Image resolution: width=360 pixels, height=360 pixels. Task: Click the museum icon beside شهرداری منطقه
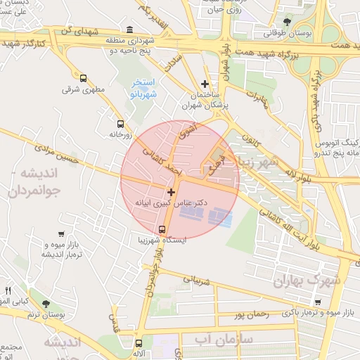pyautogui.click(x=129, y=30)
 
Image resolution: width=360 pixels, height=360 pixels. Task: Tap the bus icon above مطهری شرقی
pyautogui.click(x=84, y=79)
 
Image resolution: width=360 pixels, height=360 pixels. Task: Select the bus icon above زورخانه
pyautogui.click(x=120, y=122)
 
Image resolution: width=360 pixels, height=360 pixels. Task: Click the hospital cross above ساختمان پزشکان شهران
pyautogui.click(x=205, y=84)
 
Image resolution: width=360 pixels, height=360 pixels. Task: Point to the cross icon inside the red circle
pyautogui.click(x=171, y=191)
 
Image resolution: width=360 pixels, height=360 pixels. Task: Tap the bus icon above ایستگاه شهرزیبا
pyautogui.click(x=162, y=230)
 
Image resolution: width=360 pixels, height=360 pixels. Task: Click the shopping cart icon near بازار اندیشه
pyautogui.click(x=62, y=233)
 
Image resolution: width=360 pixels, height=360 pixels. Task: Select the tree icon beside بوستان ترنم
pyautogui.click(x=46, y=304)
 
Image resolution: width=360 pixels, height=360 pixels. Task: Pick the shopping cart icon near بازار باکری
pyautogui.click(x=318, y=302)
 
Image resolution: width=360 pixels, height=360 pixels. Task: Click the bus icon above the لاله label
pyautogui.click(x=138, y=343)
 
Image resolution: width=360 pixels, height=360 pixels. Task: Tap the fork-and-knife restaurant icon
pyautogui.click(x=8, y=290)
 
